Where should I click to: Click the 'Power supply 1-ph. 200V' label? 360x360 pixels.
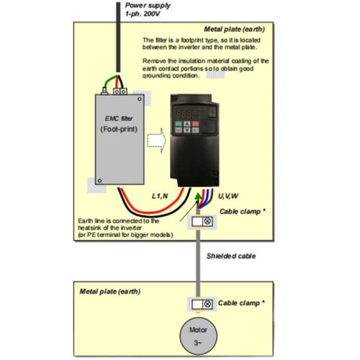pyautogui.click(x=148, y=9)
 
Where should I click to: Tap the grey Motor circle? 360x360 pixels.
pyautogui.click(x=199, y=336)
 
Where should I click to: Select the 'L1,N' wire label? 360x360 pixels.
pyautogui.click(x=160, y=196)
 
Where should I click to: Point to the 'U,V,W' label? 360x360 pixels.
pyautogui.click(x=228, y=196)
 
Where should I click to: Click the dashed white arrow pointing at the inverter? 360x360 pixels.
pyautogui.click(x=156, y=140)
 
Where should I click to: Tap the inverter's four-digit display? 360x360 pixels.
pyautogui.click(x=186, y=113)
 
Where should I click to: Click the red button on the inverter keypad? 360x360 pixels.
pyautogui.click(x=195, y=124)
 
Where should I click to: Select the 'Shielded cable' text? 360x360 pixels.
pyautogui.click(x=231, y=256)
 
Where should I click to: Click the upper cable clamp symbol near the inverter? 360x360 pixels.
pyautogui.click(x=202, y=221)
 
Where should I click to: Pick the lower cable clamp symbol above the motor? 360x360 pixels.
pyautogui.click(x=202, y=305)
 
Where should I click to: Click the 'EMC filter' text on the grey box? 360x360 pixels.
pyautogui.click(x=119, y=119)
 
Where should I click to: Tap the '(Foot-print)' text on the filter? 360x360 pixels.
pyautogui.click(x=119, y=129)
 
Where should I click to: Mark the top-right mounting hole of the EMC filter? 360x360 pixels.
pyautogui.click(x=140, y=99)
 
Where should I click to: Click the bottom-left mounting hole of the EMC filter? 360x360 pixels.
pyautogui.click(x=99, y=181)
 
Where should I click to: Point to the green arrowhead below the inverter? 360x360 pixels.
pyautogui.click(x=198, y=197)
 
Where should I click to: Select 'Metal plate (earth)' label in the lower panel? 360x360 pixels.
pyautogui.click(x=110, y=292)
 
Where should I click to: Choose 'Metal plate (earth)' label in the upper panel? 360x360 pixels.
pyautogui.click(x=235, y=30)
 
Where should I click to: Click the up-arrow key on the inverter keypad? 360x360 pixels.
pyautogui.click(x=187, y=124)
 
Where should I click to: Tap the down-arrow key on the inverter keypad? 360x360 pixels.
pyautogui.click(x=187, y=130)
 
